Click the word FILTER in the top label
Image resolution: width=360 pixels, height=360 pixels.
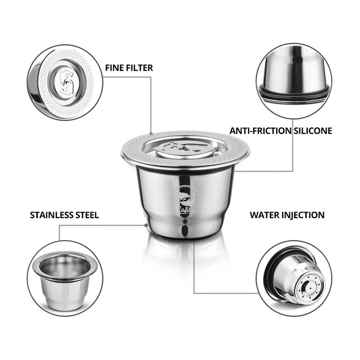[140, 68]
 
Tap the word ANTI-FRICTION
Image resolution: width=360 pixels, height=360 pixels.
[261, 131]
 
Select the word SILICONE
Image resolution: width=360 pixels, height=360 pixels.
[313, 131]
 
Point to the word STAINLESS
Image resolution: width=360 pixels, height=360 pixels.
[52, 215]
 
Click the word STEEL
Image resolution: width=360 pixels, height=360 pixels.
[87, 215]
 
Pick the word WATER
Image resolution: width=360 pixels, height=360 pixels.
[264, 215]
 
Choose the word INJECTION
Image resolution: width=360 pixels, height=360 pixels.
[303, 215]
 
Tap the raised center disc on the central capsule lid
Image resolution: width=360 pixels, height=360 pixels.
[185, 149]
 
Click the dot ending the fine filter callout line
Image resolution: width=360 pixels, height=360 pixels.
[151, 133]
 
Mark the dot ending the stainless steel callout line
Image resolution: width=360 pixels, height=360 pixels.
[146, 225]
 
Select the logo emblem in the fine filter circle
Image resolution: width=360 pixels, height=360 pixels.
[67, 82]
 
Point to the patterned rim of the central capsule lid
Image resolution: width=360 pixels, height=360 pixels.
[185, 138]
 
